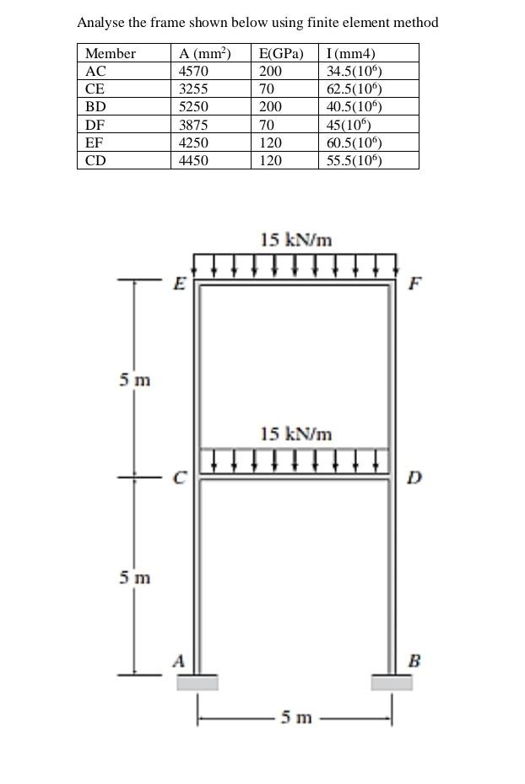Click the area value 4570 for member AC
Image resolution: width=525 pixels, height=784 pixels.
[x=193, y=72]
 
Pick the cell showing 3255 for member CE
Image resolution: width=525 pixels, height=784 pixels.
[x=193, y=89]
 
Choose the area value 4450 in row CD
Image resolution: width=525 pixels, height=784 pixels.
[x=193, y=160]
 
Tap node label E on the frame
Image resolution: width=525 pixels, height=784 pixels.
[x=178, y=283]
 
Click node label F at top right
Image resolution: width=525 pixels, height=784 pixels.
[x=414, y=283]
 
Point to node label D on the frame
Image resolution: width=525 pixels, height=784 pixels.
[x=414, y=479]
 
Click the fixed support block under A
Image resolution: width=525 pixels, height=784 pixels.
[x=197, y=682]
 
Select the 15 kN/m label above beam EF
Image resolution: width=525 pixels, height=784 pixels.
[x=295, y=240]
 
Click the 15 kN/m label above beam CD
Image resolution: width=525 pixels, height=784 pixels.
[x=295, y=434]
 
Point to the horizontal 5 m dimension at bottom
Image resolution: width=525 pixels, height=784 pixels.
[x=295, y=718]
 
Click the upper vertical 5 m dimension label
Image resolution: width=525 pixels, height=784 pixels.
[x=135, y=380]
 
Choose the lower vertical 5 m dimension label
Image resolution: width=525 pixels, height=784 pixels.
[x=135, y=578]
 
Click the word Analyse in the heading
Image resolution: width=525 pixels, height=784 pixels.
[x=100, y=23]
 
